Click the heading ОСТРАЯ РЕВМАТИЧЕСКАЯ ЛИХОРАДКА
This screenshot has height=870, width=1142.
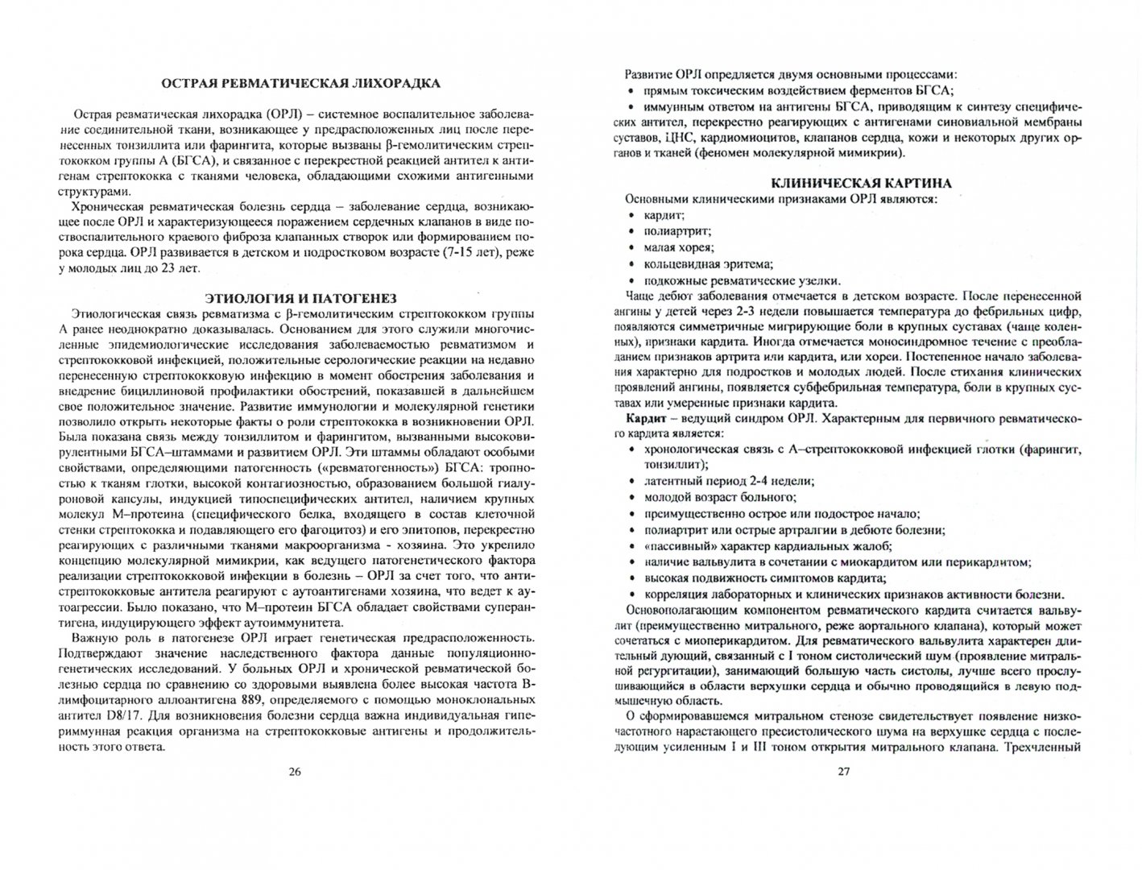tap(297, 83)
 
